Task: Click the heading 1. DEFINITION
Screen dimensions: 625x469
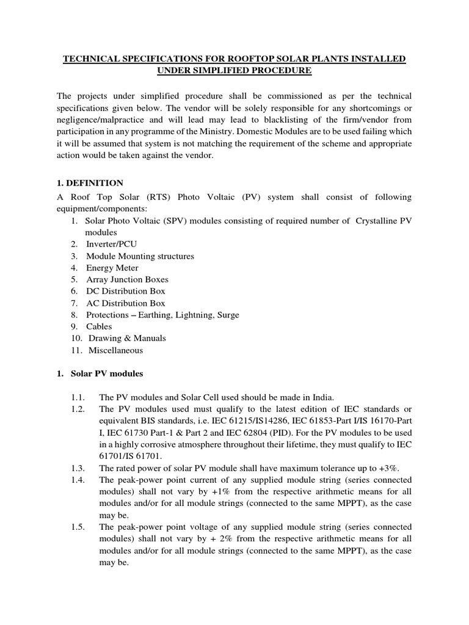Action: click(x=90, y=182)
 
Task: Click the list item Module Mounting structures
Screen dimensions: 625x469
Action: click(x=140, y=256)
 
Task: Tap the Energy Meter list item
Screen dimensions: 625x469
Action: click(x=112, y=268)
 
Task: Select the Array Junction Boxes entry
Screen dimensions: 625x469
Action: click(x=127, y=280)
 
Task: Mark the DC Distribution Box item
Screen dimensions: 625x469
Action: click(x=125, y=291)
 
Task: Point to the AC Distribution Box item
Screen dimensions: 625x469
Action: click(x=125, y=303)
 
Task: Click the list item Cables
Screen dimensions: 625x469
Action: click(x=99, y=327)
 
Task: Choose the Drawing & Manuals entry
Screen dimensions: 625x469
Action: click(x=127, y=338)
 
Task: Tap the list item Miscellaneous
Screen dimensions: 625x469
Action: click(x=115, y=350)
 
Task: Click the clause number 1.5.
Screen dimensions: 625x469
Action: click(x=79, y=526)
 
